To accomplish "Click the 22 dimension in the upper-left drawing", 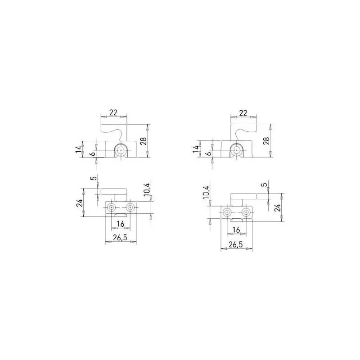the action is tap(113, 112).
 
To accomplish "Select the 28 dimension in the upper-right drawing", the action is tap(266, 140).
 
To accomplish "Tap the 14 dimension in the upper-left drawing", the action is tap(79, 149).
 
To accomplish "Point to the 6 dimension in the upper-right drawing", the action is tap(209, 153).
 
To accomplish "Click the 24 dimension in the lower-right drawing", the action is tap(278, 207).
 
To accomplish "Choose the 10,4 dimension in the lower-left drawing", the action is tap(148, 189).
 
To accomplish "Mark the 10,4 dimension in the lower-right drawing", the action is tap(206, 192).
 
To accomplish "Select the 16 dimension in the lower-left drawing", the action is tap(120, 223).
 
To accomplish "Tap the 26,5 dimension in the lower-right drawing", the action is tap(236, 244).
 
